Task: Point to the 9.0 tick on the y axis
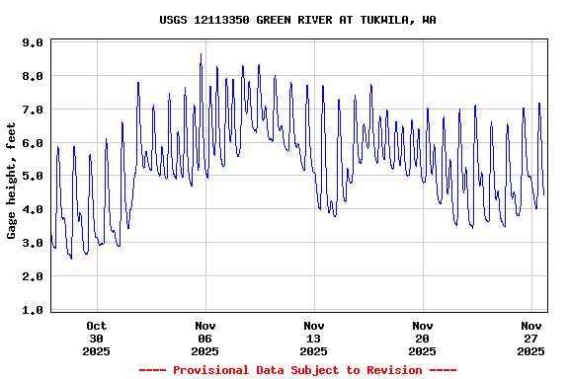[x=33, y=43]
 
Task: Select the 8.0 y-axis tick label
[x=33, y=77]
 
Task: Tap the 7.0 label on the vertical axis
[x=33, y=110]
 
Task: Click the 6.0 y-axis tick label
[x=33, y=143]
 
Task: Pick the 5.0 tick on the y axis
[x=33, y=177]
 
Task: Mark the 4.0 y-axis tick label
[x=33, y=210]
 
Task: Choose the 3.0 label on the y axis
[x=33, y=243]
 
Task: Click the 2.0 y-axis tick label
[x=33, y=276]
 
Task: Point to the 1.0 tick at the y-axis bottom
[x=33, y=310]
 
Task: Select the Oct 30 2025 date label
[x=96, y=338]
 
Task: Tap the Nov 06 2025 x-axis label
[x=204, y=338]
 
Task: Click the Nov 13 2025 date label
[x=313, y=338]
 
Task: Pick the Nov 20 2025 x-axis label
[x=422, y=338]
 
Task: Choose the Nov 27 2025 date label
[x=531, y=338]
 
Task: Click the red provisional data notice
[x=297, y=370]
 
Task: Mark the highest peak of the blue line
[x=201, y=55]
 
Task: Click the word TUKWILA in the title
[x=385, y=20]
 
